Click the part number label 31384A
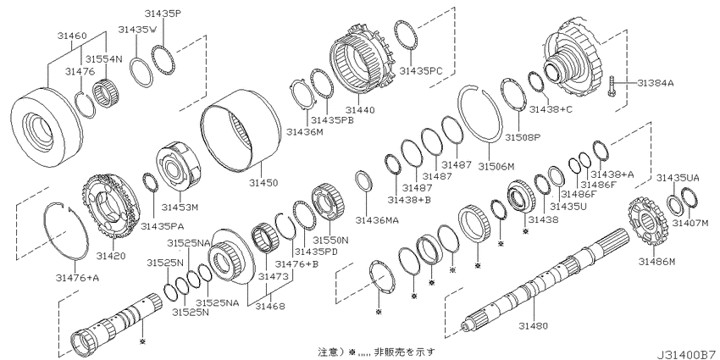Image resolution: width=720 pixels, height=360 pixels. pyautogui.click(x=656, y=83)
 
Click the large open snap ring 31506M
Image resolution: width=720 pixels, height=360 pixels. pyautogui.click(x=481, y=115)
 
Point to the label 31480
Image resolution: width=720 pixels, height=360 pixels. pyautogui.click(x=533, y=326)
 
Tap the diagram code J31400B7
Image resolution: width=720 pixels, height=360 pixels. pyautogui.click(x=687, y=355)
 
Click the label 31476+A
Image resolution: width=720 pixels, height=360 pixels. pyautogui.click(x=77, y=277)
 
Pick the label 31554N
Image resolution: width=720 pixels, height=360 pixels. pyautogui.click(x=105, y=58)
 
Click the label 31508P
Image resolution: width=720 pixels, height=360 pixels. pyautogui.click(x=522, y=137)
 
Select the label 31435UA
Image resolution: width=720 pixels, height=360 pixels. pyautogui.click(x=678, y=178)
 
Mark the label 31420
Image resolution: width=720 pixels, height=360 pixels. pyautogui.click(x=111, y=255)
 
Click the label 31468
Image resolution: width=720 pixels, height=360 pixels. pyautogui.click(x=269, y=307)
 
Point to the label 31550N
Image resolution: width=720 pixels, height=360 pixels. pyautogui.click(x=330, y=240)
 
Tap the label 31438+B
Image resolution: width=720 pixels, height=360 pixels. pyautogui.click(x=407, y=199)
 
